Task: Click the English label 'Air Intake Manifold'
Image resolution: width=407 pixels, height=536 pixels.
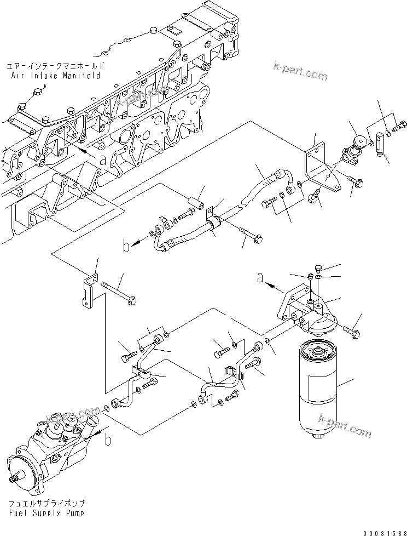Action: click(55, 76)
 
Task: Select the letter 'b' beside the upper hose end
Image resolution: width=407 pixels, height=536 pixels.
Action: click(127, 247)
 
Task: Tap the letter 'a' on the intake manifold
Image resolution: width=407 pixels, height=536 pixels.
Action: click(102, 159)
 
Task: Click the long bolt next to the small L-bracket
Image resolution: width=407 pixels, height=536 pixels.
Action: click(118, 291)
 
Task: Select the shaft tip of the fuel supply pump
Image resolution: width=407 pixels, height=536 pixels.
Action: click(15, 481)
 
